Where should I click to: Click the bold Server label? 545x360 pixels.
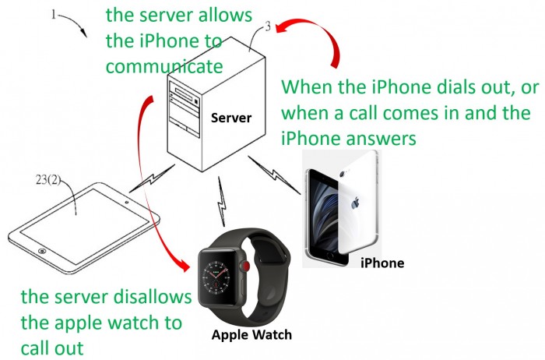[230, 118]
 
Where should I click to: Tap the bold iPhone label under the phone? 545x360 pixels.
[382, 263]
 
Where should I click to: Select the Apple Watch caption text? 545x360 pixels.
[251, 334]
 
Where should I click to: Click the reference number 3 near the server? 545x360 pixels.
[267, 26]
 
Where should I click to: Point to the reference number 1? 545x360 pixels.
[54, 14]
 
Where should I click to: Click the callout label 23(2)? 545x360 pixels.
[48, 179]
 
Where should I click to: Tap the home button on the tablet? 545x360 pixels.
[42, 251]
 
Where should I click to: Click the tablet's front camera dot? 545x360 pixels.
[127, 202]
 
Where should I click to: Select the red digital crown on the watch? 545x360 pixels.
[247, 266]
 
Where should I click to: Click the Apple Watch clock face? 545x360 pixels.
[216, 276]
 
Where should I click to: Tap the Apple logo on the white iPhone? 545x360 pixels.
[355, 203]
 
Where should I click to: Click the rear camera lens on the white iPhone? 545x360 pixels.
[343, 174]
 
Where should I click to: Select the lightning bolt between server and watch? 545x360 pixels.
[221, 202]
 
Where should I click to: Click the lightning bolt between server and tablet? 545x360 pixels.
[152, 178]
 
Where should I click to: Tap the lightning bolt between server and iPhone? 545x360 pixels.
[274, 175]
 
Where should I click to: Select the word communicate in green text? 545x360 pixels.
[164, 66]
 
